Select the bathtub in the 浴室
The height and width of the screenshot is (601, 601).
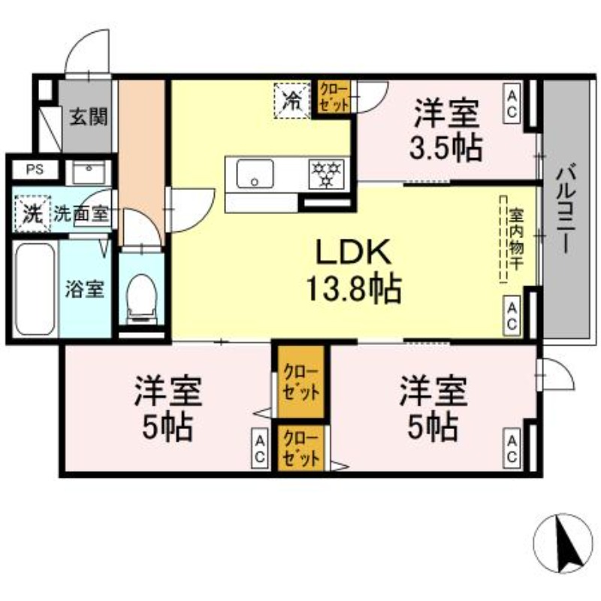tap(35, 288)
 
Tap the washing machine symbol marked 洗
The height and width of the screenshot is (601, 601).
tap(31, 213)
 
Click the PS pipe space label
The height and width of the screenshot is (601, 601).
tap(35, 170)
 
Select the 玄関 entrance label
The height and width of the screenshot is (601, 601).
tap(89, 117)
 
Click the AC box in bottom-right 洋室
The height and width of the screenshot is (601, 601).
tap(512, 448)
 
